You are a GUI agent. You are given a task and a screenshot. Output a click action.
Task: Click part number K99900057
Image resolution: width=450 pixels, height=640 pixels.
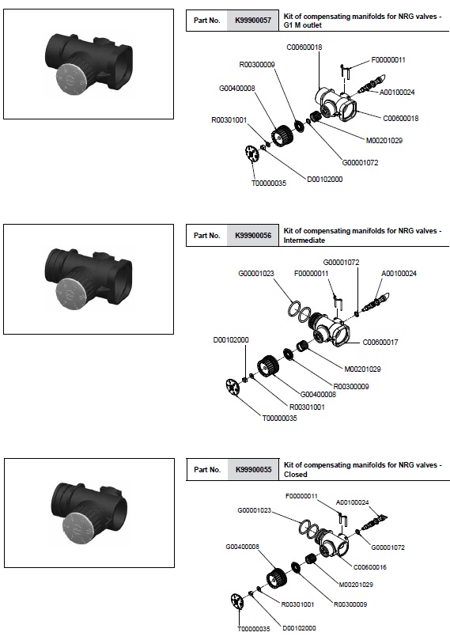point(253,21)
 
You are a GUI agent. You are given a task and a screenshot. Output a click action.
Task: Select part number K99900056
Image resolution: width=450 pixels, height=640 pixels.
point(253,236)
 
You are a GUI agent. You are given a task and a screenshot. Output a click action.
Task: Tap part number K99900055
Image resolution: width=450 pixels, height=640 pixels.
point(253,470)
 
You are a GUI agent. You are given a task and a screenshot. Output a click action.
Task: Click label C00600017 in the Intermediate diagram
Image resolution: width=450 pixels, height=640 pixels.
point(380,343)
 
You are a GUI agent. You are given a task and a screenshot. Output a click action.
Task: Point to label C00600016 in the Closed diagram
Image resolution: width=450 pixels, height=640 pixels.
point(369,567)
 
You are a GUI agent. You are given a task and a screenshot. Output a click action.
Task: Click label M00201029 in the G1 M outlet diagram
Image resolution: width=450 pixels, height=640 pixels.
point(384,141)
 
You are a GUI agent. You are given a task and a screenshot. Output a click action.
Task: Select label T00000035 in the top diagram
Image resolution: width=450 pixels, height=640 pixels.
point(268,184)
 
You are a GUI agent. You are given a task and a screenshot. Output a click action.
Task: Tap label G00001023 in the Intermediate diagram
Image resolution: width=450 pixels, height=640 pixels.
point(256,274)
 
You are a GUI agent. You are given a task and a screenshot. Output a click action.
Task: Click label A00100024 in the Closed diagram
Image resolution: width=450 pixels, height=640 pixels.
point(352,503)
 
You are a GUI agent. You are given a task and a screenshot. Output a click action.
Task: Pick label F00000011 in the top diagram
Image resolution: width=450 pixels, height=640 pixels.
point(388,60)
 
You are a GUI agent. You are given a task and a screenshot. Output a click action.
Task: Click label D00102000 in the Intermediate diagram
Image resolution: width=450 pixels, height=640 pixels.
point(231,340)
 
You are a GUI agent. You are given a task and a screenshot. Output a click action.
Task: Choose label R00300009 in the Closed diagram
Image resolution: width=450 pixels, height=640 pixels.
point(350,604)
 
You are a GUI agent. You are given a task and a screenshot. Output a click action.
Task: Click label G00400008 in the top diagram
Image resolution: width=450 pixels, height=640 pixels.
point(237,88)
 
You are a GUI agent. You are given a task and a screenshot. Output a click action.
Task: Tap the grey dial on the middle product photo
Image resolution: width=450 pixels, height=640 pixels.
point(70,296)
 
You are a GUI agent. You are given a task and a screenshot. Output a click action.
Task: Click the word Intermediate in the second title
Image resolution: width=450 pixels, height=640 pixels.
point(304,240)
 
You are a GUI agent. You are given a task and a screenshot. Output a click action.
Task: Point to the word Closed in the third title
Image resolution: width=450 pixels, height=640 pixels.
point(295,475)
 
